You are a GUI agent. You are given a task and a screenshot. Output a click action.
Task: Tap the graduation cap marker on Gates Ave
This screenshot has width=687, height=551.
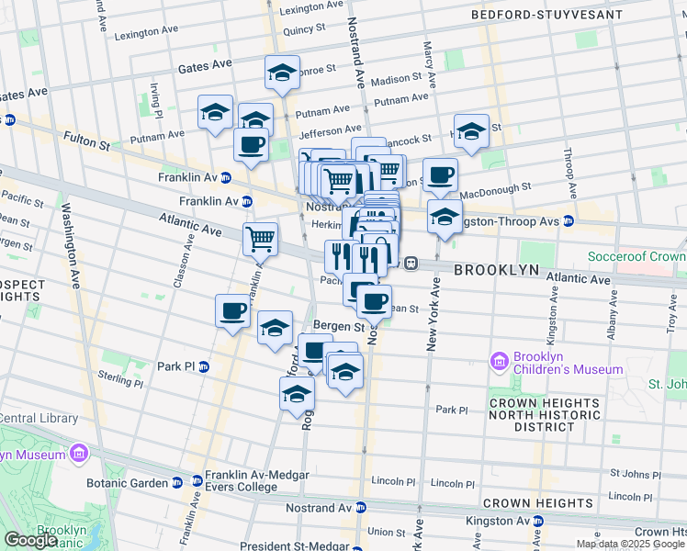(x=282, y=72)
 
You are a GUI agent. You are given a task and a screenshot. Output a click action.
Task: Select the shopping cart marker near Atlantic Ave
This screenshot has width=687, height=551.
(x=261, y=238)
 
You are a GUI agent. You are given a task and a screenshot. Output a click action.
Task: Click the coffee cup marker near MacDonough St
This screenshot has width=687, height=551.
(x=440, y=174)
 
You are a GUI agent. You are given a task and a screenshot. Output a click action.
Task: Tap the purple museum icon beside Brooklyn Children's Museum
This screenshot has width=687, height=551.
(x=500, y=362)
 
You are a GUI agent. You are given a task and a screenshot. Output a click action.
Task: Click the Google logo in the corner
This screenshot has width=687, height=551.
(x=30, y=540)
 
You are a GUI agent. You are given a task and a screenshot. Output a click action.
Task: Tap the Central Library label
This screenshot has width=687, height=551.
(x=39, y=419)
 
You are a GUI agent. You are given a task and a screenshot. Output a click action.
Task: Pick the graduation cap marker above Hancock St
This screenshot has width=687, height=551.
(x=470, y=130)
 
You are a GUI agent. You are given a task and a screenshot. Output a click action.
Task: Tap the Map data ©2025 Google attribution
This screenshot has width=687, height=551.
(x=630, y=544)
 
